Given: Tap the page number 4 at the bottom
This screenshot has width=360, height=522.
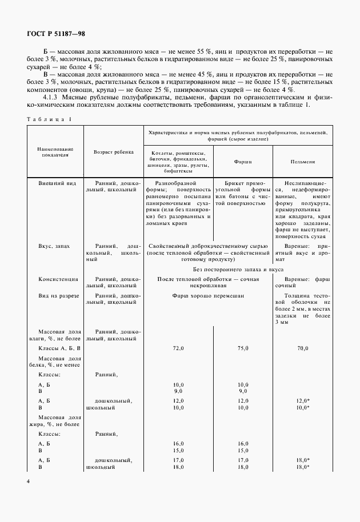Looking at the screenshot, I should click(28, 481).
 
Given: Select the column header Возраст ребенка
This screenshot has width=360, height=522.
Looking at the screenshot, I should click(114, 152).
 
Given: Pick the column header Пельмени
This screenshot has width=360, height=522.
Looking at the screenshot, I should click(301, 162).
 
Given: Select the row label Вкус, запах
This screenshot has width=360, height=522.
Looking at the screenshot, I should click(54, 246).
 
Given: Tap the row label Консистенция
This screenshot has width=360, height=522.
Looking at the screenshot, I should click(58, 279).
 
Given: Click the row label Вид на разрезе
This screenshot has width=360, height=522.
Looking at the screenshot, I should click(58, 296).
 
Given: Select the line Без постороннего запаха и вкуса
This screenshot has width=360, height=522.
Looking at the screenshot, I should click(238, 269).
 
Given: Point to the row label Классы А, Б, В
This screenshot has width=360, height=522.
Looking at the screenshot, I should click(59, 348).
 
